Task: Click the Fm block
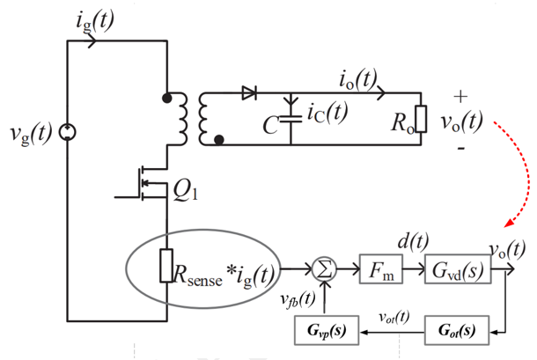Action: (381, 268)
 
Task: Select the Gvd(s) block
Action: (458, 268)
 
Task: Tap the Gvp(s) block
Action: (327, 330)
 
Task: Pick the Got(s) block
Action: (457, 330)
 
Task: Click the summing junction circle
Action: (324, 269)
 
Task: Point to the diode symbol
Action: (249, 92)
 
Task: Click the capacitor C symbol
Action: (291, 119)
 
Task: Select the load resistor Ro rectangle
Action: (421, 119)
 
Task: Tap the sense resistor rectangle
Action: (166, 266)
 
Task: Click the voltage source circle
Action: (67, 132)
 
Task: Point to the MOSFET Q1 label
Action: (185, 190)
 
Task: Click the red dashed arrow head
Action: (509, 223)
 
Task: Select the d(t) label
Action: (413, 242)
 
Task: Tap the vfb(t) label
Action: (298, 299)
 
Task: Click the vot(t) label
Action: (394, 317)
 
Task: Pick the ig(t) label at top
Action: (94, 21)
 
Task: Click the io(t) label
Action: (358, 79)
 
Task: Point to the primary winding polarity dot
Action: (166, 99)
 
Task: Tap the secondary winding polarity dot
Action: (219, 140)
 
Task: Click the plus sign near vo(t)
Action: (460, 96)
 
